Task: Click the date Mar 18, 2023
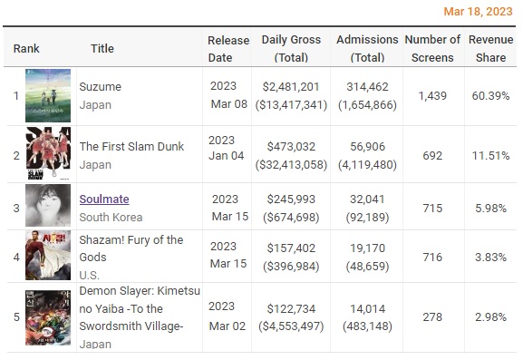(x=478, y=12)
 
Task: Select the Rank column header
(x=26, y=48)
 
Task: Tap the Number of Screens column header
(x=432, y=48)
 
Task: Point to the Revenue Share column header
(x=490, y=48)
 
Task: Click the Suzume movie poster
(x=48, y=95)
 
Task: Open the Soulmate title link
(x=104, y=199)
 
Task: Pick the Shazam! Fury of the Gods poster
(x=48, y=255)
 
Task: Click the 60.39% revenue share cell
(x=490, y=96)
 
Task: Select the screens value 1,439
(x=432, y=96)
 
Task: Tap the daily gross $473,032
(x=291, y=147)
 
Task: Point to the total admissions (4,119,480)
(x=368, y=165)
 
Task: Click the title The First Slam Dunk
(x=131, y=147)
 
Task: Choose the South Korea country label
(x=111, y=218)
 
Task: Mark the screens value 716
(x=432, y=258)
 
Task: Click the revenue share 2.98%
(x=490, y=317)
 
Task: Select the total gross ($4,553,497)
(x=291, y=326)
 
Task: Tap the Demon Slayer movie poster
(x=48, y=317)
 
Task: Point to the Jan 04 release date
(x=226, y=156)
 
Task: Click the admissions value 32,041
(x=368, y=199)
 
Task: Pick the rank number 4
(x=16, y=258)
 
